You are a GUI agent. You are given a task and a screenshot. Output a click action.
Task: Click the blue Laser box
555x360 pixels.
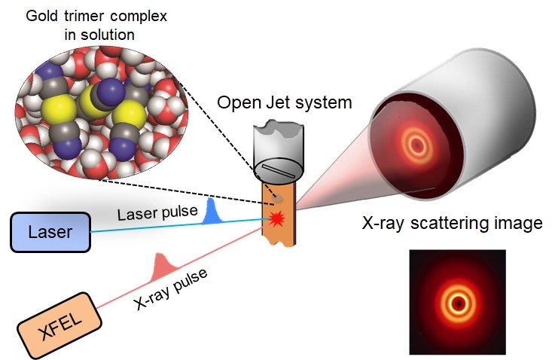pyautogui.click(x=50, y=232)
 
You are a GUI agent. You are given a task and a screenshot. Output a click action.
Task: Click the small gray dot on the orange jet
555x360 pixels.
pyautogui.click(x=280, y=197)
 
